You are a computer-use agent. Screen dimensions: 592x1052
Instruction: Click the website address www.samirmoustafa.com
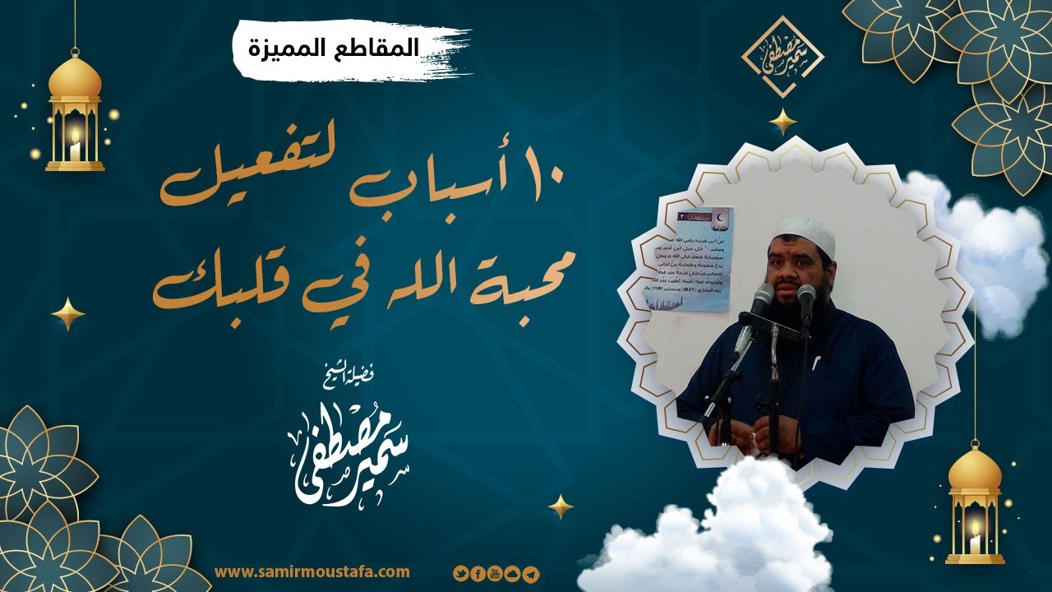(x=311, y=571)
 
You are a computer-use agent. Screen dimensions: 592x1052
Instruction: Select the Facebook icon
(x=478, y=573)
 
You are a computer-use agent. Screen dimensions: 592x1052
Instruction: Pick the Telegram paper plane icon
(x=531, y=573)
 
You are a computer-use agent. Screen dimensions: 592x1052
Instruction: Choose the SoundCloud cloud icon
(x=513, y=573)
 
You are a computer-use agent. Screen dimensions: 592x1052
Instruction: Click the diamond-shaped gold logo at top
(x=782, y=57)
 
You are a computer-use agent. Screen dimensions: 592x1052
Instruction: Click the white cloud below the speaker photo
(x=723, y=526)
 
